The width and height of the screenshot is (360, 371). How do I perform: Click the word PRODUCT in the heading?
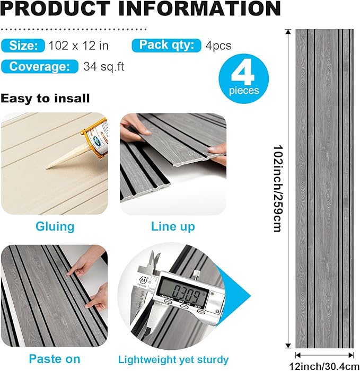pyautogui.click(x=51, y=9)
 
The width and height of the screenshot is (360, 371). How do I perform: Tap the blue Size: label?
pyautogui.click(x=23, y=46)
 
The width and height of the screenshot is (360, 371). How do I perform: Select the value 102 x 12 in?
pyautogui.click(x=78, y=46)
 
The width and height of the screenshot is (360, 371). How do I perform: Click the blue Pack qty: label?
pyautogui.click(x=166, y=45)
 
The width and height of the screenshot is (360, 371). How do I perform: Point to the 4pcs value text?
pyautogui.click(x=218, y=46)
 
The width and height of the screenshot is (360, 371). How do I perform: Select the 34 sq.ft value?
pyautogui.click(x=104, y=67)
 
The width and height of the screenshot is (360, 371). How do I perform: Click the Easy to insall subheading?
pyautogui.click(x=45, y=98)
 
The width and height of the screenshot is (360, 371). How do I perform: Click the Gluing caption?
pyautogui.click(x=55, y=227)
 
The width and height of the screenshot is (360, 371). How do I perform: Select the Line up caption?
pyautogui.click(x=173, y=227)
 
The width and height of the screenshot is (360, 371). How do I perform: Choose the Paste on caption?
pyautogui.click(x=55, y=359)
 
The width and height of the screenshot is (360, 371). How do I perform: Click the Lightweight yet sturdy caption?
pyautogui.click(x=173, y=359)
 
